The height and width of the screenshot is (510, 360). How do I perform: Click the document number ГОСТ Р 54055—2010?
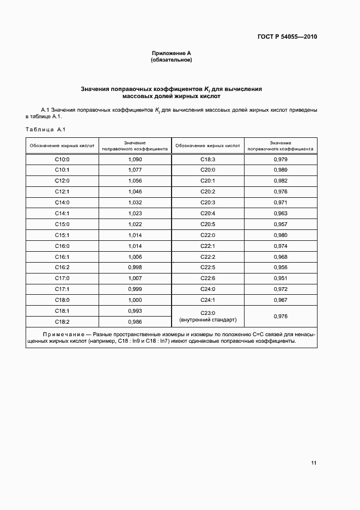pyautogui.click(x=287, y=37)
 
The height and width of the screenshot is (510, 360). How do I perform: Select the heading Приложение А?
pyautogui.click(x=172, y=53)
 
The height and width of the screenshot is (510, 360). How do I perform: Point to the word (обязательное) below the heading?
pyautogui.click(x=172, y=60)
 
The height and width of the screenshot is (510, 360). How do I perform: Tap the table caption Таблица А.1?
pyautogui.click(x=46, y=129)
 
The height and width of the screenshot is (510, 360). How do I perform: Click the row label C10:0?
pyautogui.click(x=62, y=159)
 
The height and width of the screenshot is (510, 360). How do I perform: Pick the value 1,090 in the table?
pyautogui.click(x=135, y=159)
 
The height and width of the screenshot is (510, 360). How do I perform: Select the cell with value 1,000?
pyautogui.click(x=135, y=300)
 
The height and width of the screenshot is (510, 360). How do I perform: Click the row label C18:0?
pyautogui.click(x=62, y=300)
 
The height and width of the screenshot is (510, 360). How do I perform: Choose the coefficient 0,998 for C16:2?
pyautogui.click(x=135, y=267)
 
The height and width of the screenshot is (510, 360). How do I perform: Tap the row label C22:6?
pyautogui.click(x=208, y=278)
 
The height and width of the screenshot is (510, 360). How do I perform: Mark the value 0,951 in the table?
pyautogui.click(x=280, y=278)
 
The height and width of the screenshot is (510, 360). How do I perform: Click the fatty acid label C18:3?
pyautogui.click(x=208, y=159)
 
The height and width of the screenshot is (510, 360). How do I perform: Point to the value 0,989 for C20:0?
pyautogui.click(x=280, y=170)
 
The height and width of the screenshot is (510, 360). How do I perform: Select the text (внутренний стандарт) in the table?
pyautogui.click(x=208, y=320)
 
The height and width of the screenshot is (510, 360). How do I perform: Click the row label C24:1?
pyautogui.click(x=208, y=300)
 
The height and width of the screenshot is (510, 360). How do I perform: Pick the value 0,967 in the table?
pyautogui.click(x=280, y=300)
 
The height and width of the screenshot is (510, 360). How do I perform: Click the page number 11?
pyautogui.click(x=314, y=463)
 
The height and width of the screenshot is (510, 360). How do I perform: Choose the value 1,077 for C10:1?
pyautogui.click(x=135, y=170)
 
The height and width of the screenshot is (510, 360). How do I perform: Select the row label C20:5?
pyautogui.click(x=208, y=224)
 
